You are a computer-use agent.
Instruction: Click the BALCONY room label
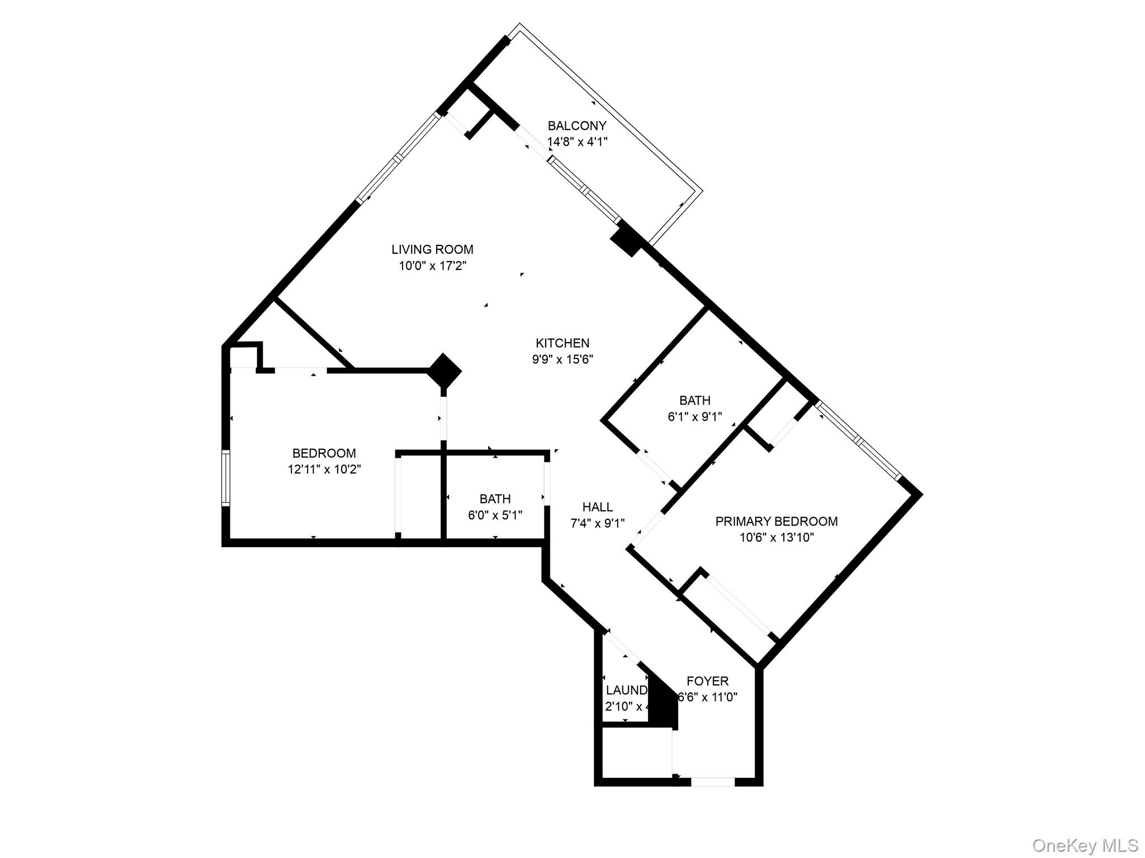[576, 126]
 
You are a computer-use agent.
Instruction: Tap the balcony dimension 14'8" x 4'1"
[576, 142]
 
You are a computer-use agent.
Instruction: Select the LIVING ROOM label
[432, 249]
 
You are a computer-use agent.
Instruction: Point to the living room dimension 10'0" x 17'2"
[432, 266]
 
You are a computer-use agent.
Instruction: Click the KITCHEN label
[562, 343]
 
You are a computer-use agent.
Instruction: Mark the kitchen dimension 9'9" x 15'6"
[562, 359]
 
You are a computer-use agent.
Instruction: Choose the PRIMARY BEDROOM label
[776, 522]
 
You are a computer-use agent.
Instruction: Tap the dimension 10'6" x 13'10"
[776, 538]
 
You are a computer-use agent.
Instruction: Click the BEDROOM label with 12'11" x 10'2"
[324, 453]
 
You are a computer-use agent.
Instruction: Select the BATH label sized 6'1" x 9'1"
[694, 400]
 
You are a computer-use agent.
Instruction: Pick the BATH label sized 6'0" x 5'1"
[495, 499]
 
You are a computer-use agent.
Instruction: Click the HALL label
[597, 507]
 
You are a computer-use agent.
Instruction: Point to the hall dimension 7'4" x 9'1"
[597, 523]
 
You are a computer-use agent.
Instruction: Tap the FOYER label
[707, 681]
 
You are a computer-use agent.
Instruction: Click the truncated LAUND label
[626, 690]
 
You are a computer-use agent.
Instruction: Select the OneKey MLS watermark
[1085, 845]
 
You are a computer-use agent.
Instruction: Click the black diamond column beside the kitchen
[444, 370]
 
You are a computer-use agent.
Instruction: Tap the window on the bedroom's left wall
[225, 478]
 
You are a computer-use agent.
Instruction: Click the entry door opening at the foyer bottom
[712, 782]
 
